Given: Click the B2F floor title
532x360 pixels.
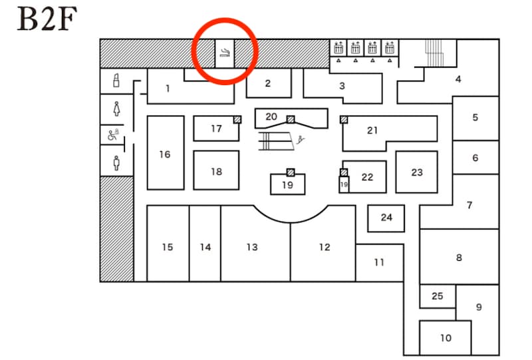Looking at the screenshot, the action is [47, 19].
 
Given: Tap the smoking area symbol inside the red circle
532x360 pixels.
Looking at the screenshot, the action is [225, 53].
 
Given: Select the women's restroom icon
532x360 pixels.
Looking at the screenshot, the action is [117, 109].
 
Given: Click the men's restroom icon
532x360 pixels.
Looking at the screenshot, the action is [117, 163].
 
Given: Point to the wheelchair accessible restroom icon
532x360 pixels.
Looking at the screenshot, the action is [113, 135].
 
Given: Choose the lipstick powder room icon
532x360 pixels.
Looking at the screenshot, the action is [116, 81].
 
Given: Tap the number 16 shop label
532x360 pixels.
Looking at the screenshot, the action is [165, 154].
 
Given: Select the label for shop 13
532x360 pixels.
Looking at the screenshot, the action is [252, 247].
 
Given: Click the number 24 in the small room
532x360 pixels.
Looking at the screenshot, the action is [386, 218].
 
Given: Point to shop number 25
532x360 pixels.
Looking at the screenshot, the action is [438, 296].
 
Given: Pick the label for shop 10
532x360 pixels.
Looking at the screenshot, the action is [446, 338].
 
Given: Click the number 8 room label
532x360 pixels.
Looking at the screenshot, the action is [459, 258].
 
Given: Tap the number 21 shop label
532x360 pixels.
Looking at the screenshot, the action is [372, 130].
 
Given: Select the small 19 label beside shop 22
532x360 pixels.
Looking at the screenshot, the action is [344, 184].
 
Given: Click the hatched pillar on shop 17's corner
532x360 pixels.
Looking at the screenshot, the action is [237, 119].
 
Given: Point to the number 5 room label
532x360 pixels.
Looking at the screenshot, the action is [475, 118].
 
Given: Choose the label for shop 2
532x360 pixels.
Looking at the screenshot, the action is [268, 83].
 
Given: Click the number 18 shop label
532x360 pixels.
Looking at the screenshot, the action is [217, 172].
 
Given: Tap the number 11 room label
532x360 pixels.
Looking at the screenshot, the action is [379, 262].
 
